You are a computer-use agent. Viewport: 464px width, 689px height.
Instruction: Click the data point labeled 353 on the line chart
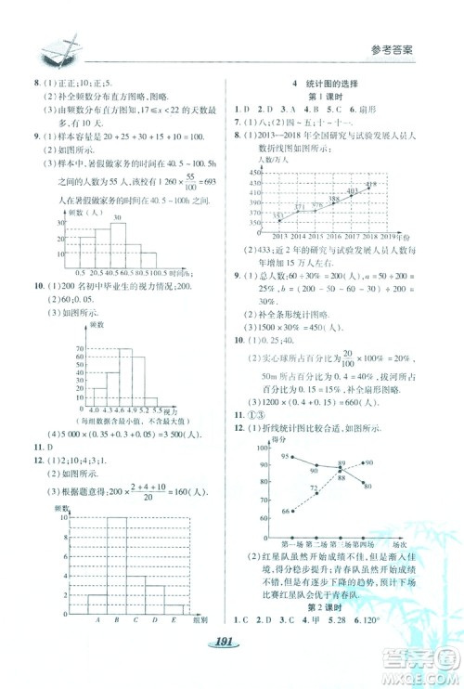277,218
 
